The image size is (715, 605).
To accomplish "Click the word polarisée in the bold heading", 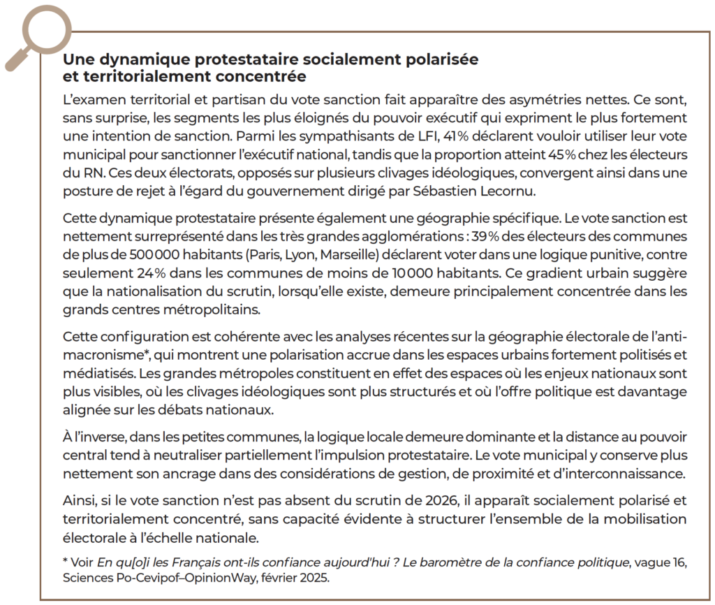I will (441, 59).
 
